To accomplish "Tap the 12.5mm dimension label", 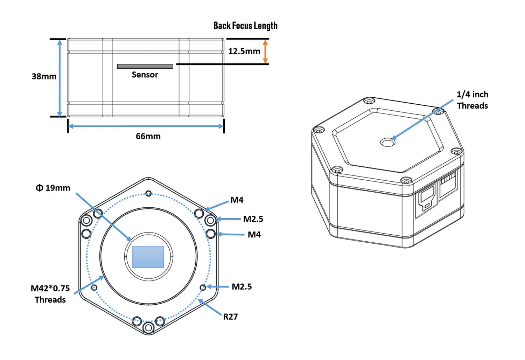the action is coord(244,51).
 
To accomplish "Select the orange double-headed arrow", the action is coord(265,51).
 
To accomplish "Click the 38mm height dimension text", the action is coord(44,76).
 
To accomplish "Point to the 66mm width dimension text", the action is coord(148,136).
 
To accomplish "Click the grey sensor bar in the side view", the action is coord(145,67).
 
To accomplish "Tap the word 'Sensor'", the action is coord(145,75).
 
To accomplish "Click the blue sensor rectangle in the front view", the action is coord(148,257).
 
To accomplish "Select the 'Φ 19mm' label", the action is coord(53,188).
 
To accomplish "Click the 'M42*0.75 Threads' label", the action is coord(50,294).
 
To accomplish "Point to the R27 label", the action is coord(230,317).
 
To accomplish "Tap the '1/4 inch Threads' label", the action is coord(472,100).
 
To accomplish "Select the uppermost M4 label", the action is coord(237,200).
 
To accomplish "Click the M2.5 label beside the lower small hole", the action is coord(241,286).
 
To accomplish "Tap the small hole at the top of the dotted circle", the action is coord(148,193).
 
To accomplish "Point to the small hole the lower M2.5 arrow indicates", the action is coord(203,287).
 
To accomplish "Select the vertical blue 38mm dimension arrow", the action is coord(60,78).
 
